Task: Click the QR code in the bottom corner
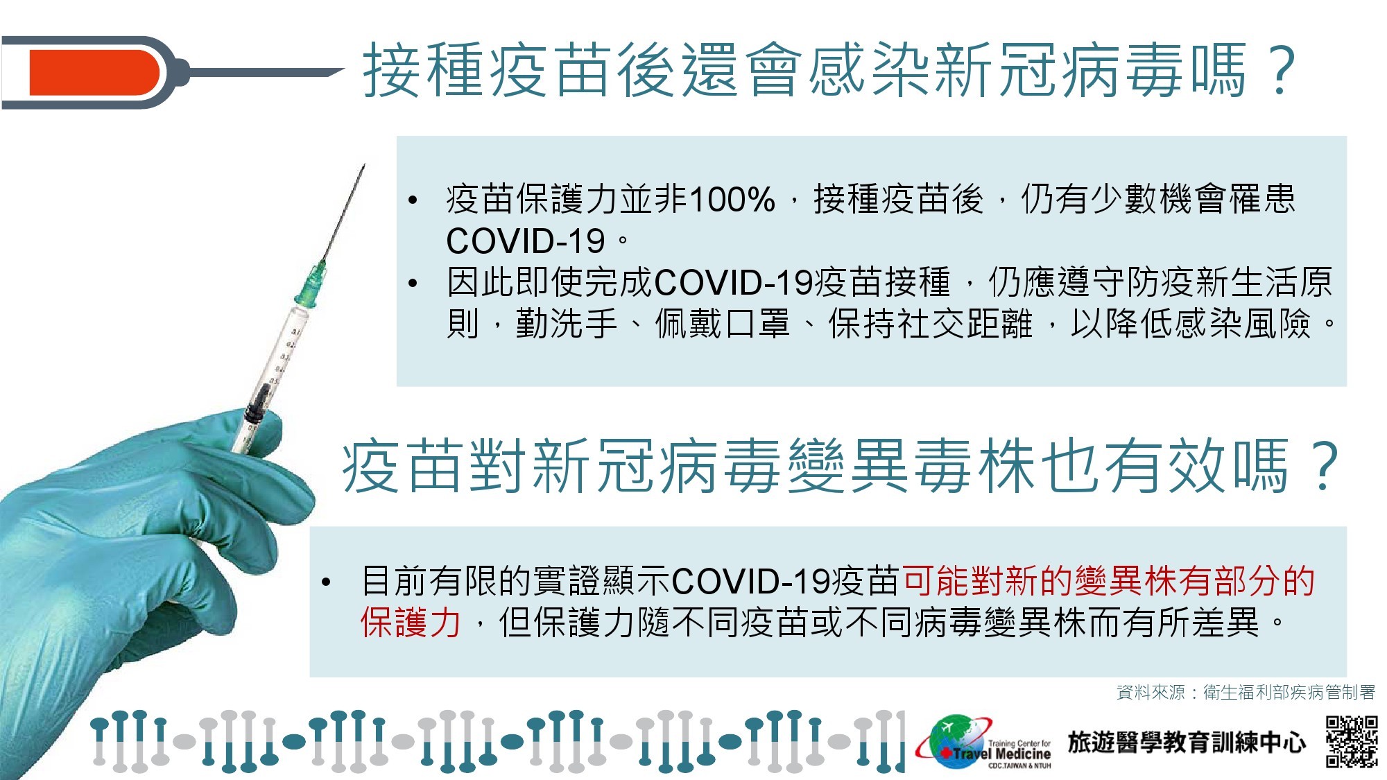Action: click(x=1352, y=742)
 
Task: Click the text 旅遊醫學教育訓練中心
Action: click(x=1187, y=742)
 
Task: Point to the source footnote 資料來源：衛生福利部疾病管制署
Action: click(x=1246, y=692)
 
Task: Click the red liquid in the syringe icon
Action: click(x=94, y=72)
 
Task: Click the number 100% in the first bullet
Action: click(x=732, y=200)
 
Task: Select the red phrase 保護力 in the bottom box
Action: click(x=411, y=622)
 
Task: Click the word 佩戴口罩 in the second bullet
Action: click(x=722, y=323)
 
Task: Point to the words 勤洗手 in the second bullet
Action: click(x=566, y=323)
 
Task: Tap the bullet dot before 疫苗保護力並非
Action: click(x=413, y=201)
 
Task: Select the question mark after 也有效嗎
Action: click(x=1323, y=466)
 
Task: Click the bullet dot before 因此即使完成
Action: click(x=413, y=283)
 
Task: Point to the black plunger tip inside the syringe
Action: click(x=258, y=402)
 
